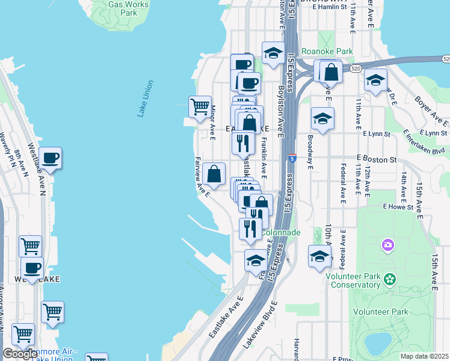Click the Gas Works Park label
(x=128, y=8)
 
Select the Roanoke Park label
(x=327, y=52)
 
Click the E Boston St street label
(x=377, y=159)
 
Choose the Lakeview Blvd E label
(x=260, y=326)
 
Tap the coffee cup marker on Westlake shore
(x=50, y=158)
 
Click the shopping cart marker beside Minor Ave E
(x=200, y=107)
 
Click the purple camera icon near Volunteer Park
(x=387, y=245)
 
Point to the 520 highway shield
(x=446, y=59)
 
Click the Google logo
(x=20, y=354)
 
